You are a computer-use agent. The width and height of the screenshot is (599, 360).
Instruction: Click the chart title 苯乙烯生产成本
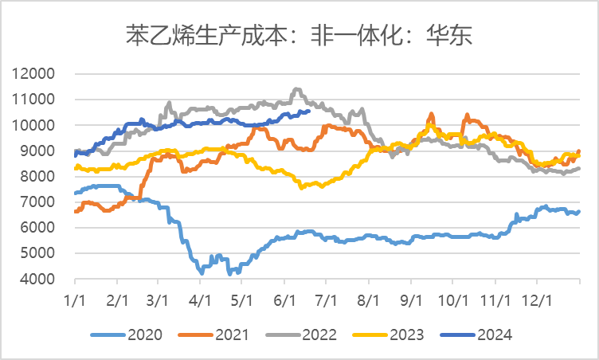299,34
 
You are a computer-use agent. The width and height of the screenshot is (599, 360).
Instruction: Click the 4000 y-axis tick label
37,280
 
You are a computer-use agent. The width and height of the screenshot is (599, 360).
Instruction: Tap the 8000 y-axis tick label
37,177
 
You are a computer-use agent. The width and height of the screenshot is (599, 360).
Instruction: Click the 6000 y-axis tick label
37,228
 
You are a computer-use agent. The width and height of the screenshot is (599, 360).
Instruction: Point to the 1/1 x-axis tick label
75,296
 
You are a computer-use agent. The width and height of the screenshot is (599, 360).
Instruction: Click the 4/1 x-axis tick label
200,296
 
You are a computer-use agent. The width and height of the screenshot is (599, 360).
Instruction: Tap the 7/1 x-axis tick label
326,296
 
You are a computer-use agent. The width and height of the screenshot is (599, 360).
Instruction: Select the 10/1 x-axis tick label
452,296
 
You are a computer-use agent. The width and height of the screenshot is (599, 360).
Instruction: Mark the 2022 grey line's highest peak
297,89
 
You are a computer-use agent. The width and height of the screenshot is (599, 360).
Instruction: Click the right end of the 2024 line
308,112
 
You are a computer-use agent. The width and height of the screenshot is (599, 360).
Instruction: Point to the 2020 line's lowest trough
202,273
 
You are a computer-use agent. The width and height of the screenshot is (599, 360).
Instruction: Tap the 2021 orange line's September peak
431,114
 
